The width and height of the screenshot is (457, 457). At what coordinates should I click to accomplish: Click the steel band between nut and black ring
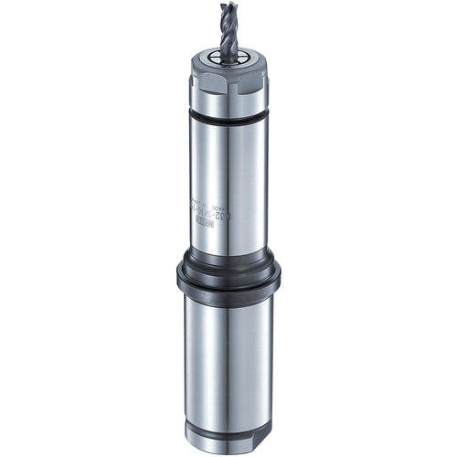point(228,106)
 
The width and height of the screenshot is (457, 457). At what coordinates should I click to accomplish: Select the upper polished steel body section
point(219,183)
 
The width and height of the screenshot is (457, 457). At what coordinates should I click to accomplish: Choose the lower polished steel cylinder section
point(219,356)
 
